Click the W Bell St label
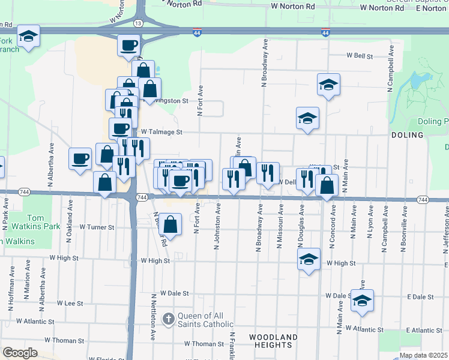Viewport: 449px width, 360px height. point(360,55)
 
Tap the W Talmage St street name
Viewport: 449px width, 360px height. point(157,131)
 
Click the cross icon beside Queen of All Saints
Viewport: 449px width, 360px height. point(169,317)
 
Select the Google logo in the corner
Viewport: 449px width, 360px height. point(20,353)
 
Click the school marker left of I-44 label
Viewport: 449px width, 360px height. point(28,37)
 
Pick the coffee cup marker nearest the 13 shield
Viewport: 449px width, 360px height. point(129,45)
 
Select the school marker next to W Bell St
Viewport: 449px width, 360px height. point(328,85)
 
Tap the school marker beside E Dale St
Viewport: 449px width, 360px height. point(362,301)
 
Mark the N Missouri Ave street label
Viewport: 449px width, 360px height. point(280,227)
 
